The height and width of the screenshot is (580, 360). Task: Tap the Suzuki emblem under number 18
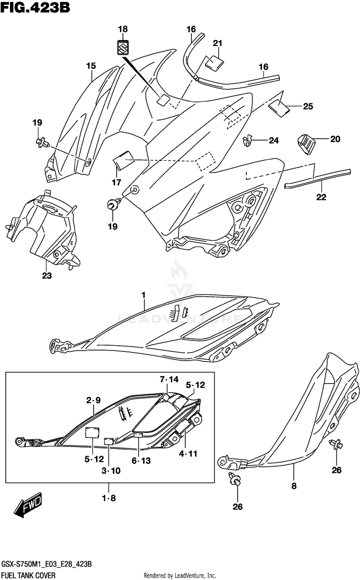[x=123, y=47]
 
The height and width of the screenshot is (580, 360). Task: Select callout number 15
[x=91, y=66]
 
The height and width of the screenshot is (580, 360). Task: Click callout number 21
[x=218, y=44]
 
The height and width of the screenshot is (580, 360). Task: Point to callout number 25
[x=308, y=107]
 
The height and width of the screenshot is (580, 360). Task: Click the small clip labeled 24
[x=248, y=140]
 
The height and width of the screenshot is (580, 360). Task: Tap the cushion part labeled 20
[x=305, y=143]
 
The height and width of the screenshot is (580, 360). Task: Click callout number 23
[x=47, y=276]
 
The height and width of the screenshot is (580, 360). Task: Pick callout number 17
[x=116, y=182]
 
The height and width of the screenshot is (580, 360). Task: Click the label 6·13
[x=141, y=461]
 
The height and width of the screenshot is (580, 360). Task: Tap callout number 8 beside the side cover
[x=294, y=486]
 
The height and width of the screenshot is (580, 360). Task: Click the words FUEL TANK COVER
[x=28, y=575]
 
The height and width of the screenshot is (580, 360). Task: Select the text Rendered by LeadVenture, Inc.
[x=180, y=575]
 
